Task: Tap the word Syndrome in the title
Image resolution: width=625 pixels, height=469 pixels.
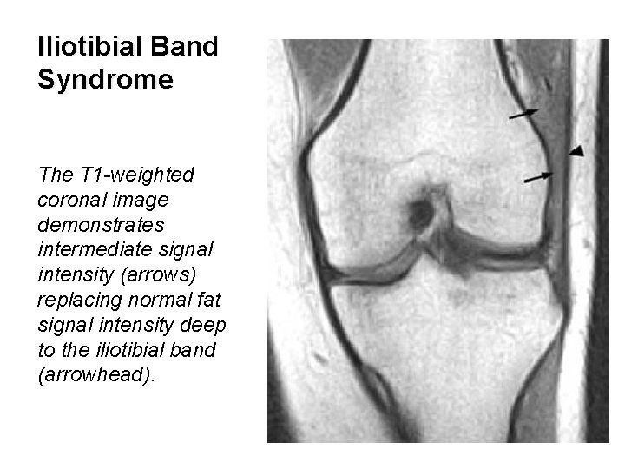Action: pos(106,81)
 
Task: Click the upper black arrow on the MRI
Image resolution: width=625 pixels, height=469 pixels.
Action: pos(523,112)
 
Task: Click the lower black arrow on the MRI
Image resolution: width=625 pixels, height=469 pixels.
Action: pos(538,176)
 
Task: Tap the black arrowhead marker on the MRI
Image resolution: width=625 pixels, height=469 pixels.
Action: pos(577,152)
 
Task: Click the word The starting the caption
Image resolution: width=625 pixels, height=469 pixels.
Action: pos(56,175)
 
